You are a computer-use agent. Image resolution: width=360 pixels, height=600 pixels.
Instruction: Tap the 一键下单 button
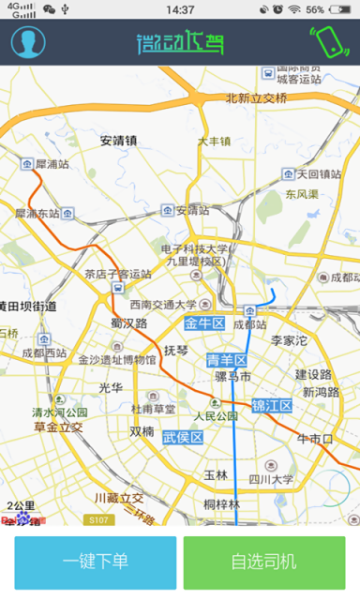click(x=95, y=562)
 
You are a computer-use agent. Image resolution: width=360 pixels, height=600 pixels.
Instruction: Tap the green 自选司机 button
click(x=263, y=562)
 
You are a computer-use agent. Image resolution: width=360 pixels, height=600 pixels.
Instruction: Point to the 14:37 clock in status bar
click(x=179, y=9)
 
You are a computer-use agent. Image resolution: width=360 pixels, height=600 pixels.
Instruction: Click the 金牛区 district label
click(x=204, y=324)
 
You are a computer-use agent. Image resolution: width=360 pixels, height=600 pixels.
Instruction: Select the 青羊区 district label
click(x=226, y=360)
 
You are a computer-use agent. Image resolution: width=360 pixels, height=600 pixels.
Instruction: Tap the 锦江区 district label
click(x=272, y=406)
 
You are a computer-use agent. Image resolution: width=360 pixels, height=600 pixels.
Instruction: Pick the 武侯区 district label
click(x=183, y=438)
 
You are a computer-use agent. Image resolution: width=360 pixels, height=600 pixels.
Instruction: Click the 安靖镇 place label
click(x=119, y=141)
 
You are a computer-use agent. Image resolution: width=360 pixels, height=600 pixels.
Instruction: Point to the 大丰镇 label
click(x=214, y=142)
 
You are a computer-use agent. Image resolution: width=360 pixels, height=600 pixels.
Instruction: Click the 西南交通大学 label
click(x=164, y=305)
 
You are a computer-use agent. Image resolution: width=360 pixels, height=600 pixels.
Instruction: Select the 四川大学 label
click(x=271, y=479)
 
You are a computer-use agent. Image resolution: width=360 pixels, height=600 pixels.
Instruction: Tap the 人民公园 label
click(x=216, y=415)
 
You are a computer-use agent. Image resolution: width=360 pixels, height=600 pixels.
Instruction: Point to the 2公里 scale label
click(x=20, y=506)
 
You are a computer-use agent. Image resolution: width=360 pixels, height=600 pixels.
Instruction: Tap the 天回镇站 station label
click(x=319, y=174)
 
